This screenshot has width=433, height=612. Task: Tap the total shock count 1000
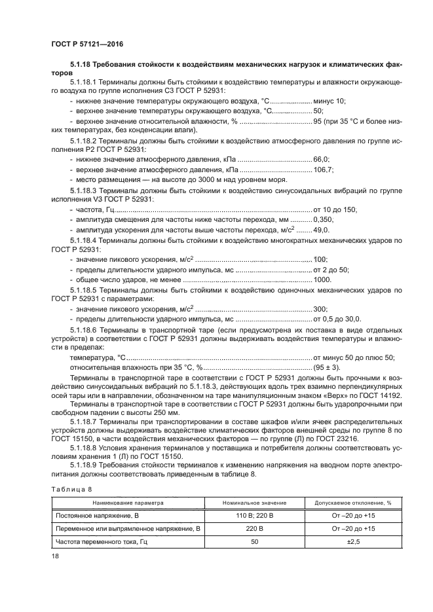pos(323,279)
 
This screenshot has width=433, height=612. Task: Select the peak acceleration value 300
pos(320,308)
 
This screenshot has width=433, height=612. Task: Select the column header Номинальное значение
pos(263,502)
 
